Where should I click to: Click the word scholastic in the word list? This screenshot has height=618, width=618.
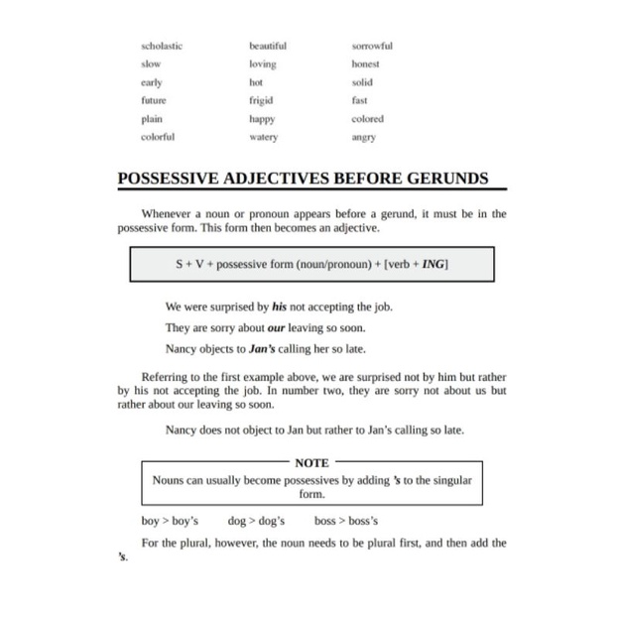click(162, 46)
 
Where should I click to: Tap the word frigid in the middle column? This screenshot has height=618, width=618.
click(261, 100)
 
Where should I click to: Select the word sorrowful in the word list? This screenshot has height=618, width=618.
click(372, 46)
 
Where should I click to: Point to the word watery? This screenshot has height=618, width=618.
click(263, 137)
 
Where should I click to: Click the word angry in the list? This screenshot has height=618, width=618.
click(364, 137)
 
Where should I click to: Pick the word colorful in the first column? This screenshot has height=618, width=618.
click(158, 137)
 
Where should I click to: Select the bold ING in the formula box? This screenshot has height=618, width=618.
click(434, 265)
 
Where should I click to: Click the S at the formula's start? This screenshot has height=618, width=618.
click(180, 265)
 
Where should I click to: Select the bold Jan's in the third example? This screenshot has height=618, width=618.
click(264, 348)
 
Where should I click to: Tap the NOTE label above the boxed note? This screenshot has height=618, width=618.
click(311, 462)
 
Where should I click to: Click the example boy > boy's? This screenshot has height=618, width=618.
click(170, 521)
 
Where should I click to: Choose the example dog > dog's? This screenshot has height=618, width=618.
click(256, 521)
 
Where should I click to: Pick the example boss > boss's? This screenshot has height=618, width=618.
click(346, 521)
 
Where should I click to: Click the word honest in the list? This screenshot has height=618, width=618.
click(365, 63)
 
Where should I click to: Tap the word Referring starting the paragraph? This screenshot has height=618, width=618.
click(166, 377)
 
